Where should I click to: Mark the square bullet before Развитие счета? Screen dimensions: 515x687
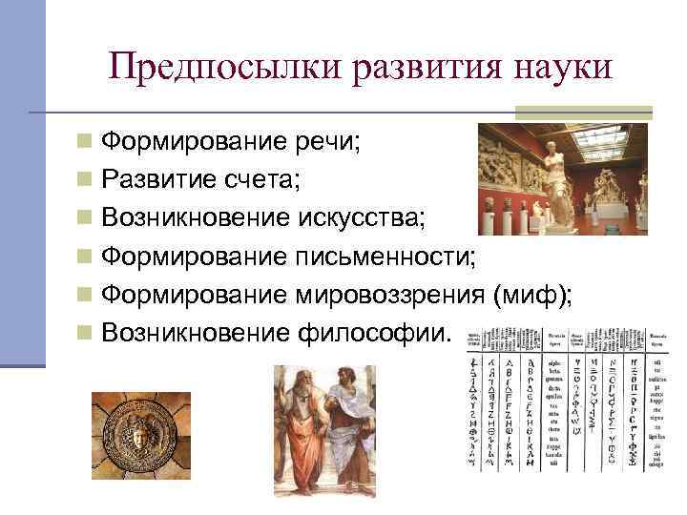point(85,180)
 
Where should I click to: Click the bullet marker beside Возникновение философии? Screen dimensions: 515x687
point(85,332)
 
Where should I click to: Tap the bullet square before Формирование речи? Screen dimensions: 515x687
point(85,143)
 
